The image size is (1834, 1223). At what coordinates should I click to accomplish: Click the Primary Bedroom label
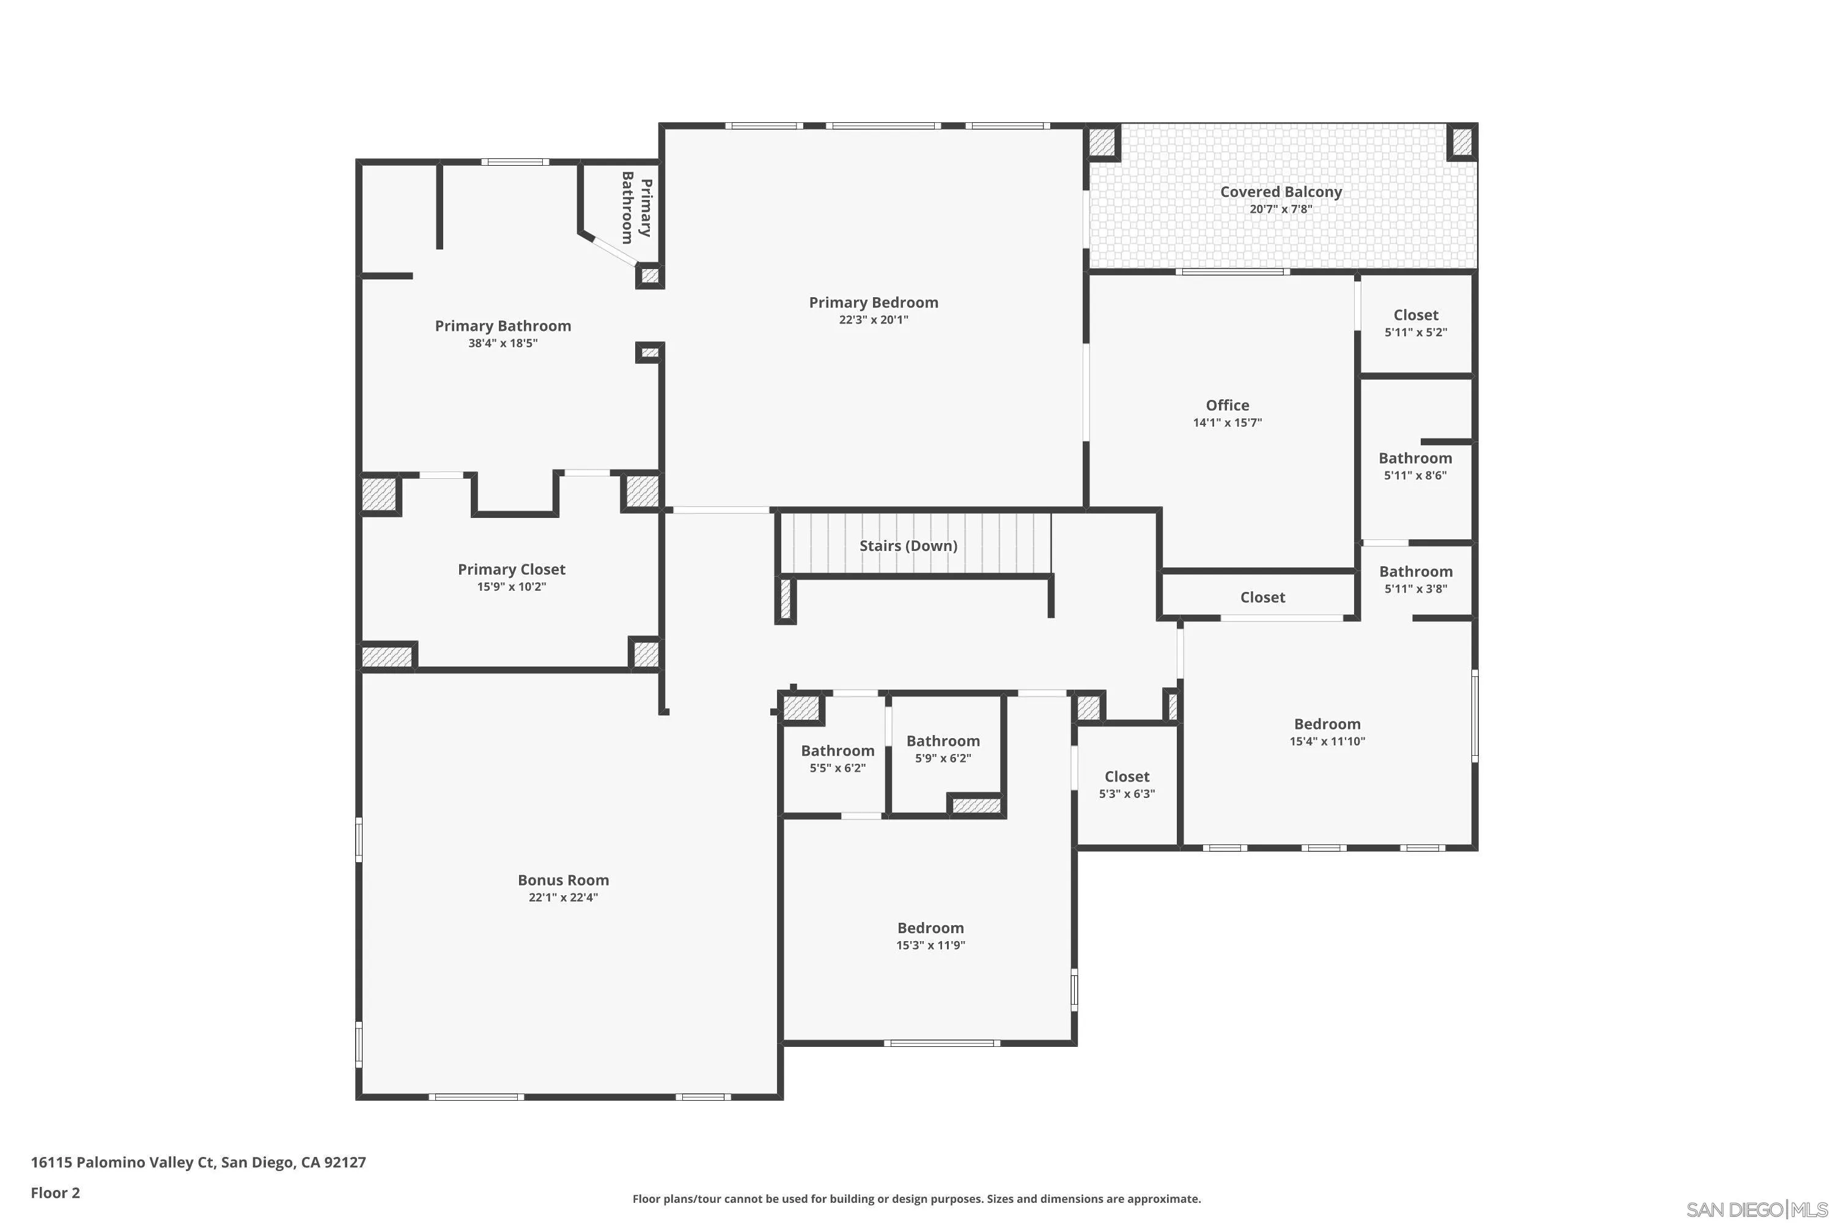[874, 303]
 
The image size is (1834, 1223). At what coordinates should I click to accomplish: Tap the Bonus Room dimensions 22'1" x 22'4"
[563, 897]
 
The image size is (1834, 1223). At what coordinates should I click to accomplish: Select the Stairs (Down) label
[908, 546]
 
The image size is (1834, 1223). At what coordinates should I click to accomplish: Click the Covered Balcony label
[1280, 192]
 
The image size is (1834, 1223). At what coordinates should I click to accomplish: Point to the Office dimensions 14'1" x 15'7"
[1228, 423]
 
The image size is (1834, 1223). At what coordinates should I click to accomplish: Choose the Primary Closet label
[512, 569]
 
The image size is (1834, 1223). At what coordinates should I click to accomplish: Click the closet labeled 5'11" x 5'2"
[1415, 315]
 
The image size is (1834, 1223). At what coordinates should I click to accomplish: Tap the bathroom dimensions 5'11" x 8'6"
[1415, 475]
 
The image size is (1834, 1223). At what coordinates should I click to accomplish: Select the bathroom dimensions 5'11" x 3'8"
[1415, 589]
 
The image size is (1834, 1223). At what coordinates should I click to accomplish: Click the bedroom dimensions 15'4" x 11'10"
[1327, 741]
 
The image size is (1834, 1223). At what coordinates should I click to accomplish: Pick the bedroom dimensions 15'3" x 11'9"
[930, 945]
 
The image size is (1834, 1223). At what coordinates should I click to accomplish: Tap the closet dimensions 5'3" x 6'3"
[1127, 794]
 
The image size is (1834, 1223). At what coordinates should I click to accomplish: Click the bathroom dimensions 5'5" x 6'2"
[838, 767]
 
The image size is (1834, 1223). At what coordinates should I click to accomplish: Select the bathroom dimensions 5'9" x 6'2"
[943, 758]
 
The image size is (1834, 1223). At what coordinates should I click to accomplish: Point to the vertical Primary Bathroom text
[636, 207]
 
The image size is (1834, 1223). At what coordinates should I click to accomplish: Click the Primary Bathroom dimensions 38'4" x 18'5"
[503, 343]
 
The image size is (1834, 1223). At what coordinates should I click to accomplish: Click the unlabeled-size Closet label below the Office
[1262, 597]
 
